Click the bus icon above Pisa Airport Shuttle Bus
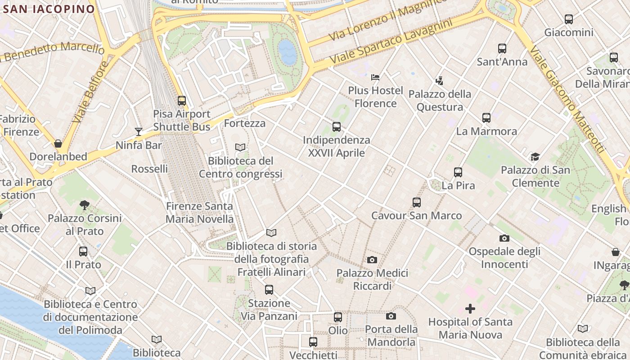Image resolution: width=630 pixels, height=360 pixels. coord(182,101)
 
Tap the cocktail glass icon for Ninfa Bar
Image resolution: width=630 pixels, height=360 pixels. coord(139,132)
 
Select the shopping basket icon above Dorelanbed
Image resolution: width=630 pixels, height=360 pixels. coord(58,144)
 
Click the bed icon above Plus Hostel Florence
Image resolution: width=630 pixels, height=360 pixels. coord(375,77)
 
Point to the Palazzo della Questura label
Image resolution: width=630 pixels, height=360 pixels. coord(440,100)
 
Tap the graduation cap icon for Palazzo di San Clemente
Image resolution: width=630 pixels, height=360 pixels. coord(535,157)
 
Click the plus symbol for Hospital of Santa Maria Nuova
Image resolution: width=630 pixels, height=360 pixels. coord(470,309)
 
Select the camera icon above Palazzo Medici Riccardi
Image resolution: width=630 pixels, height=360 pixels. coord(372,260)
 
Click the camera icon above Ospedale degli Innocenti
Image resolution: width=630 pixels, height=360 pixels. coord(504,238)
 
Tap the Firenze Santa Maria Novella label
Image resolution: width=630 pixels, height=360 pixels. coord(200,213)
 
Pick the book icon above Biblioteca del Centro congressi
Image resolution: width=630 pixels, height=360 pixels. coord(241,148)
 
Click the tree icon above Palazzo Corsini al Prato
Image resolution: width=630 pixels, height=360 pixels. coord(84,205)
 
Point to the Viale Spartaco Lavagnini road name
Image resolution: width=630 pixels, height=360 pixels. coord(390,41)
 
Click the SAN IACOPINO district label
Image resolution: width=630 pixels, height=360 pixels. coord(48,9)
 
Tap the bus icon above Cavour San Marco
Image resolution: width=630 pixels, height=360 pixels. coord(417,202)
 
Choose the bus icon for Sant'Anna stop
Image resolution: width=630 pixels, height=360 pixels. coord(502,49)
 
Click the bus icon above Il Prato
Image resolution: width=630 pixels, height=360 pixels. coord(83,252)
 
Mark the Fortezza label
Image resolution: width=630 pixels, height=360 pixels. coord(244,123)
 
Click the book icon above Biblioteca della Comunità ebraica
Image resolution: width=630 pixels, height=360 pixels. coord(583,329)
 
